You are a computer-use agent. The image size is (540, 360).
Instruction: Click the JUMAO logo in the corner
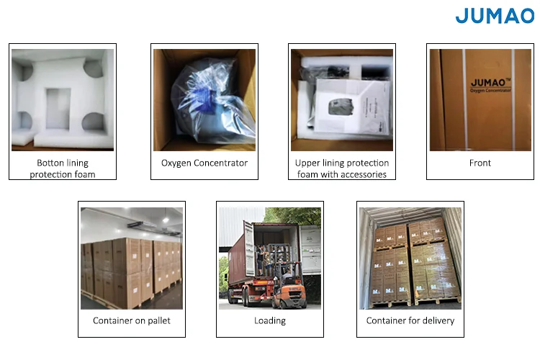(495, 15)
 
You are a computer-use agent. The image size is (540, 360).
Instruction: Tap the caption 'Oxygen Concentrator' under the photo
(204, 163)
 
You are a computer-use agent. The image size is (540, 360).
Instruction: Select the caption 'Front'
(480, 163)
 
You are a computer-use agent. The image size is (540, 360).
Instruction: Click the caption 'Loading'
(270, 320)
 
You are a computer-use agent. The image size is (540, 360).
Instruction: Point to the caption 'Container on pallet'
(132, 320)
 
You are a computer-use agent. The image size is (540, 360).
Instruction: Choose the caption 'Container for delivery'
(410, 320)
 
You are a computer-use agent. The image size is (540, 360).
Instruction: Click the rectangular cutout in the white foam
(58, 109)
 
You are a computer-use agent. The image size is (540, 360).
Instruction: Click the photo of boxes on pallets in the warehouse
(132, 258)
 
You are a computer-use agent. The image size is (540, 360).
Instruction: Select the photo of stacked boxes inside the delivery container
(410, 258)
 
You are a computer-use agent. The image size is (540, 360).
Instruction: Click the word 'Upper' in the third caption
(309, 163)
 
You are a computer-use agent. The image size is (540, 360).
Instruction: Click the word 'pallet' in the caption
(158, 320)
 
